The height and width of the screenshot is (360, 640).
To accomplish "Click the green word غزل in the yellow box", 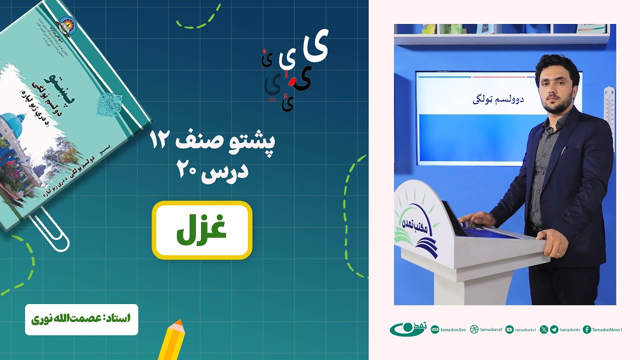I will [x=202, y=230].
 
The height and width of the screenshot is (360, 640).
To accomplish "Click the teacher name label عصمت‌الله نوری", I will [x=81, y=318].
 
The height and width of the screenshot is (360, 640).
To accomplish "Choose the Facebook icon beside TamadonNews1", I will [x=587, y=329].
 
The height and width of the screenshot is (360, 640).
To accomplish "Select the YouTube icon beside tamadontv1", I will [x=509, y=329].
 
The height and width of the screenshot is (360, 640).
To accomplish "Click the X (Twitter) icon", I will [x=544, y=329].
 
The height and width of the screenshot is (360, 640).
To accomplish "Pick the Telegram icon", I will [x=554, y=329].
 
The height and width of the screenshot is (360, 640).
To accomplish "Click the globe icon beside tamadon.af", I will [x=474, y=329].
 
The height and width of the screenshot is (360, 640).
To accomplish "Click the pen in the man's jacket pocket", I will [x=565, y=149].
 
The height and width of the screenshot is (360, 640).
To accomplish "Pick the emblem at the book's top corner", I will [x=65, y=23].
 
